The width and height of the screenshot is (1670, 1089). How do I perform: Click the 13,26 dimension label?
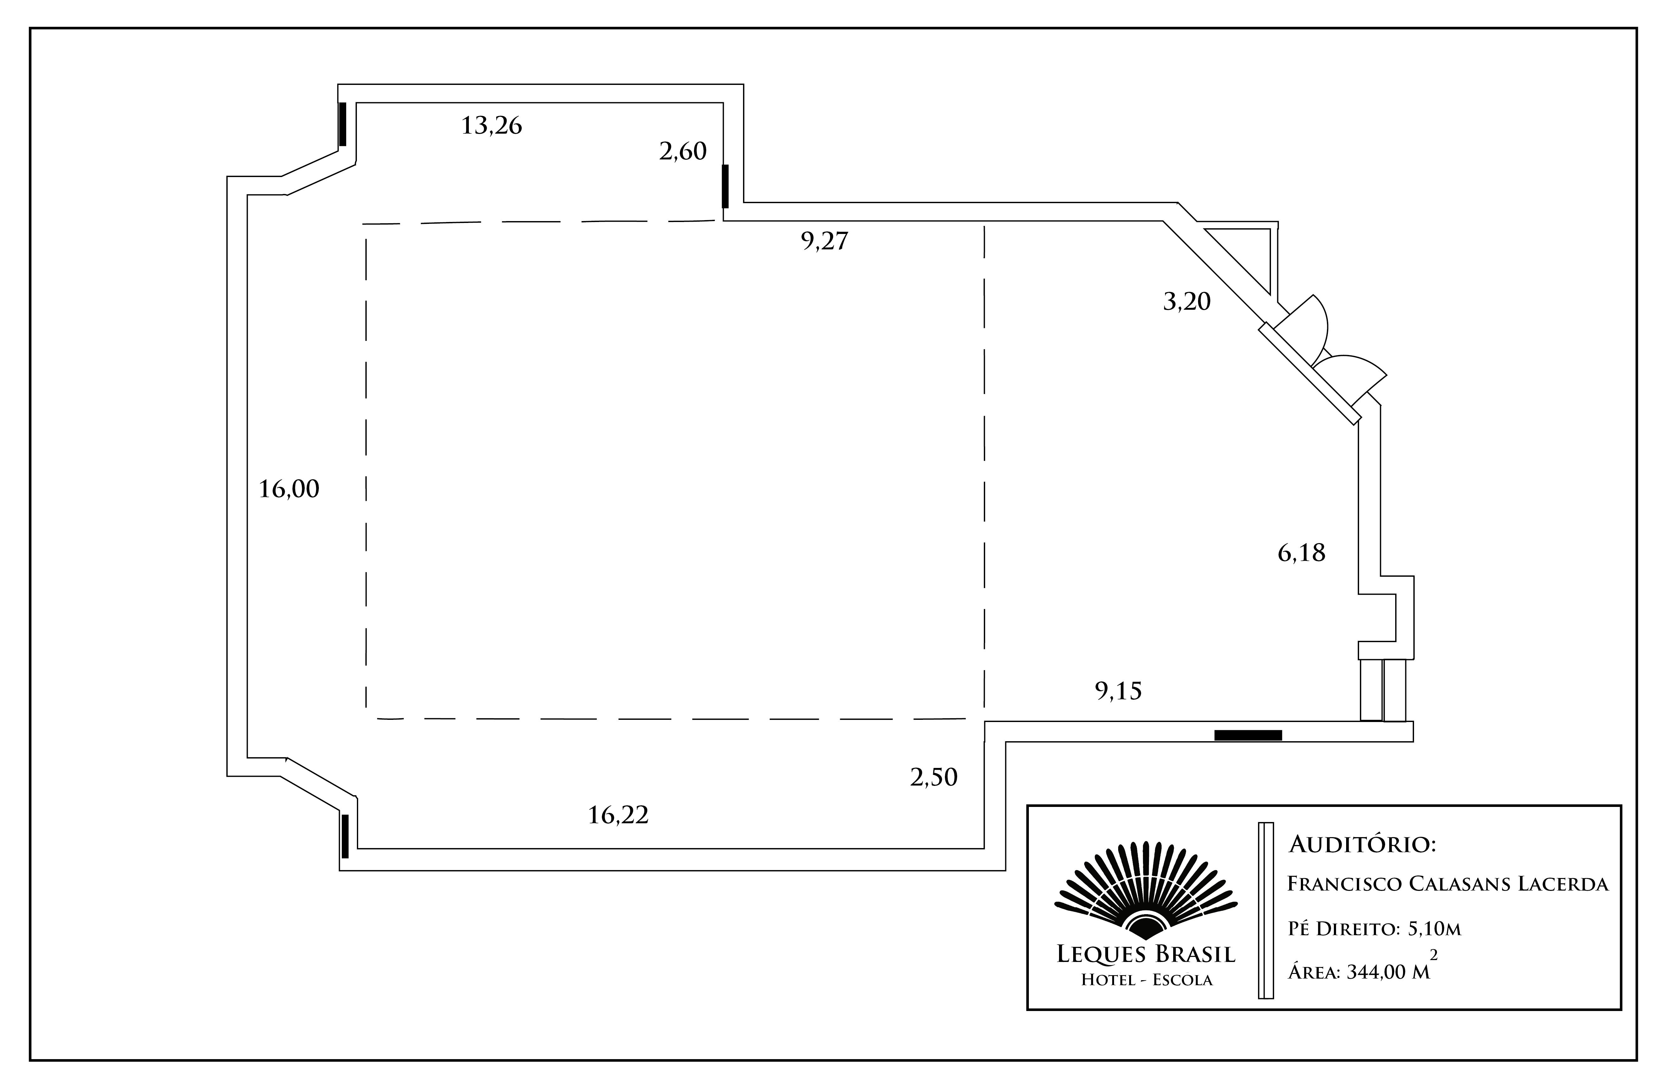point(491,125)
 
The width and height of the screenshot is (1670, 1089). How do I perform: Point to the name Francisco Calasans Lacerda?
point(1447,884)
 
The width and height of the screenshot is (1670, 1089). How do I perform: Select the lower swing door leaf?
point(1351,379)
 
